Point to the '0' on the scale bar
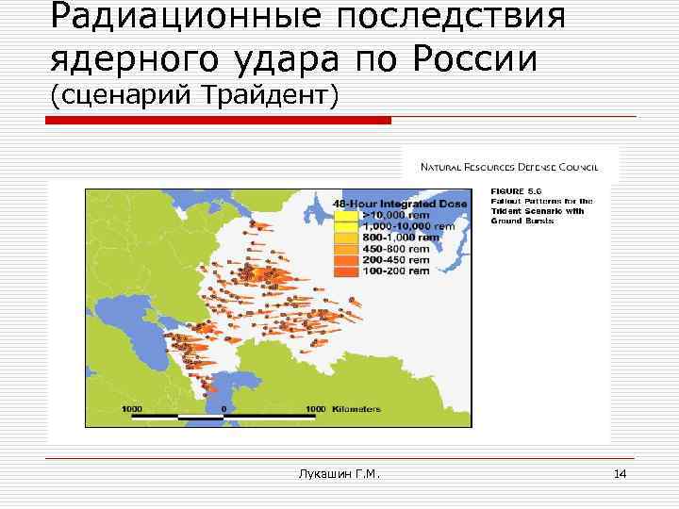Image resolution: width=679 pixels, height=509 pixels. (x=224, y=409)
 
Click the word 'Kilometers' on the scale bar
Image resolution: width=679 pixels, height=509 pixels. (x=357, y=409)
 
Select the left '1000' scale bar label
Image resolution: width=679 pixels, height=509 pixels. (x=131, y=409)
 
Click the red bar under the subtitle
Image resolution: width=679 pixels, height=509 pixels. (x=218, y=121)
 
